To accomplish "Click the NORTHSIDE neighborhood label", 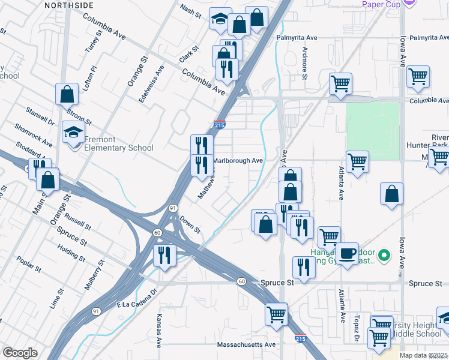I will click(x=69, y=5).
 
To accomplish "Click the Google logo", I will click(x=20, y=353).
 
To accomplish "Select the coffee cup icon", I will click(x=346, y=253).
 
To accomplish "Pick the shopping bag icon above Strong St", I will click(x=67, y=94).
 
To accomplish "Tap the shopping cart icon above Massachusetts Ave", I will click(x=276, y=313).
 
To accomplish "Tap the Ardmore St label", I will click(x=305, y=64).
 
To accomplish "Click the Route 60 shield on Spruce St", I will click(x=241, y=281).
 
